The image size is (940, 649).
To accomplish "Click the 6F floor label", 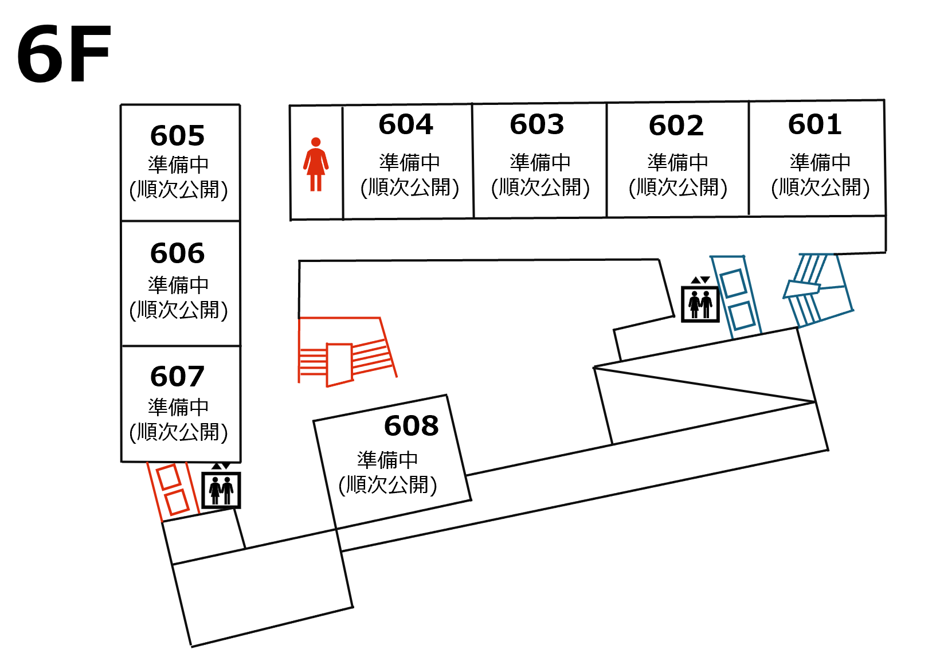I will [64, 54].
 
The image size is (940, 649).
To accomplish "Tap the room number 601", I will [814, 124].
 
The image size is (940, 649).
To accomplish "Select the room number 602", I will [676, 126].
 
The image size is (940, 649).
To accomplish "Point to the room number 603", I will [537, 124].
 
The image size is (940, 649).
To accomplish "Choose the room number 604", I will [406, 124].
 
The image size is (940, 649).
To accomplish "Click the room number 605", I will [177, 136].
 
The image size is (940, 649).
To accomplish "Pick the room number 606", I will [177, 253].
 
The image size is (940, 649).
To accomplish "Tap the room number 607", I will [177, 377].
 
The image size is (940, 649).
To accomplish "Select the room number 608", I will [411, 425].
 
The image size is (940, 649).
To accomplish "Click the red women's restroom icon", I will [316, 165].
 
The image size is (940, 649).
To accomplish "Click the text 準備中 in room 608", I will [387, 460].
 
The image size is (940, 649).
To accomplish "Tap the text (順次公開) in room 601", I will [820, 187].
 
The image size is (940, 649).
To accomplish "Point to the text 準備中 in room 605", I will [178, 165].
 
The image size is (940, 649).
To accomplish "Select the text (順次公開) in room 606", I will [178, 310].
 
